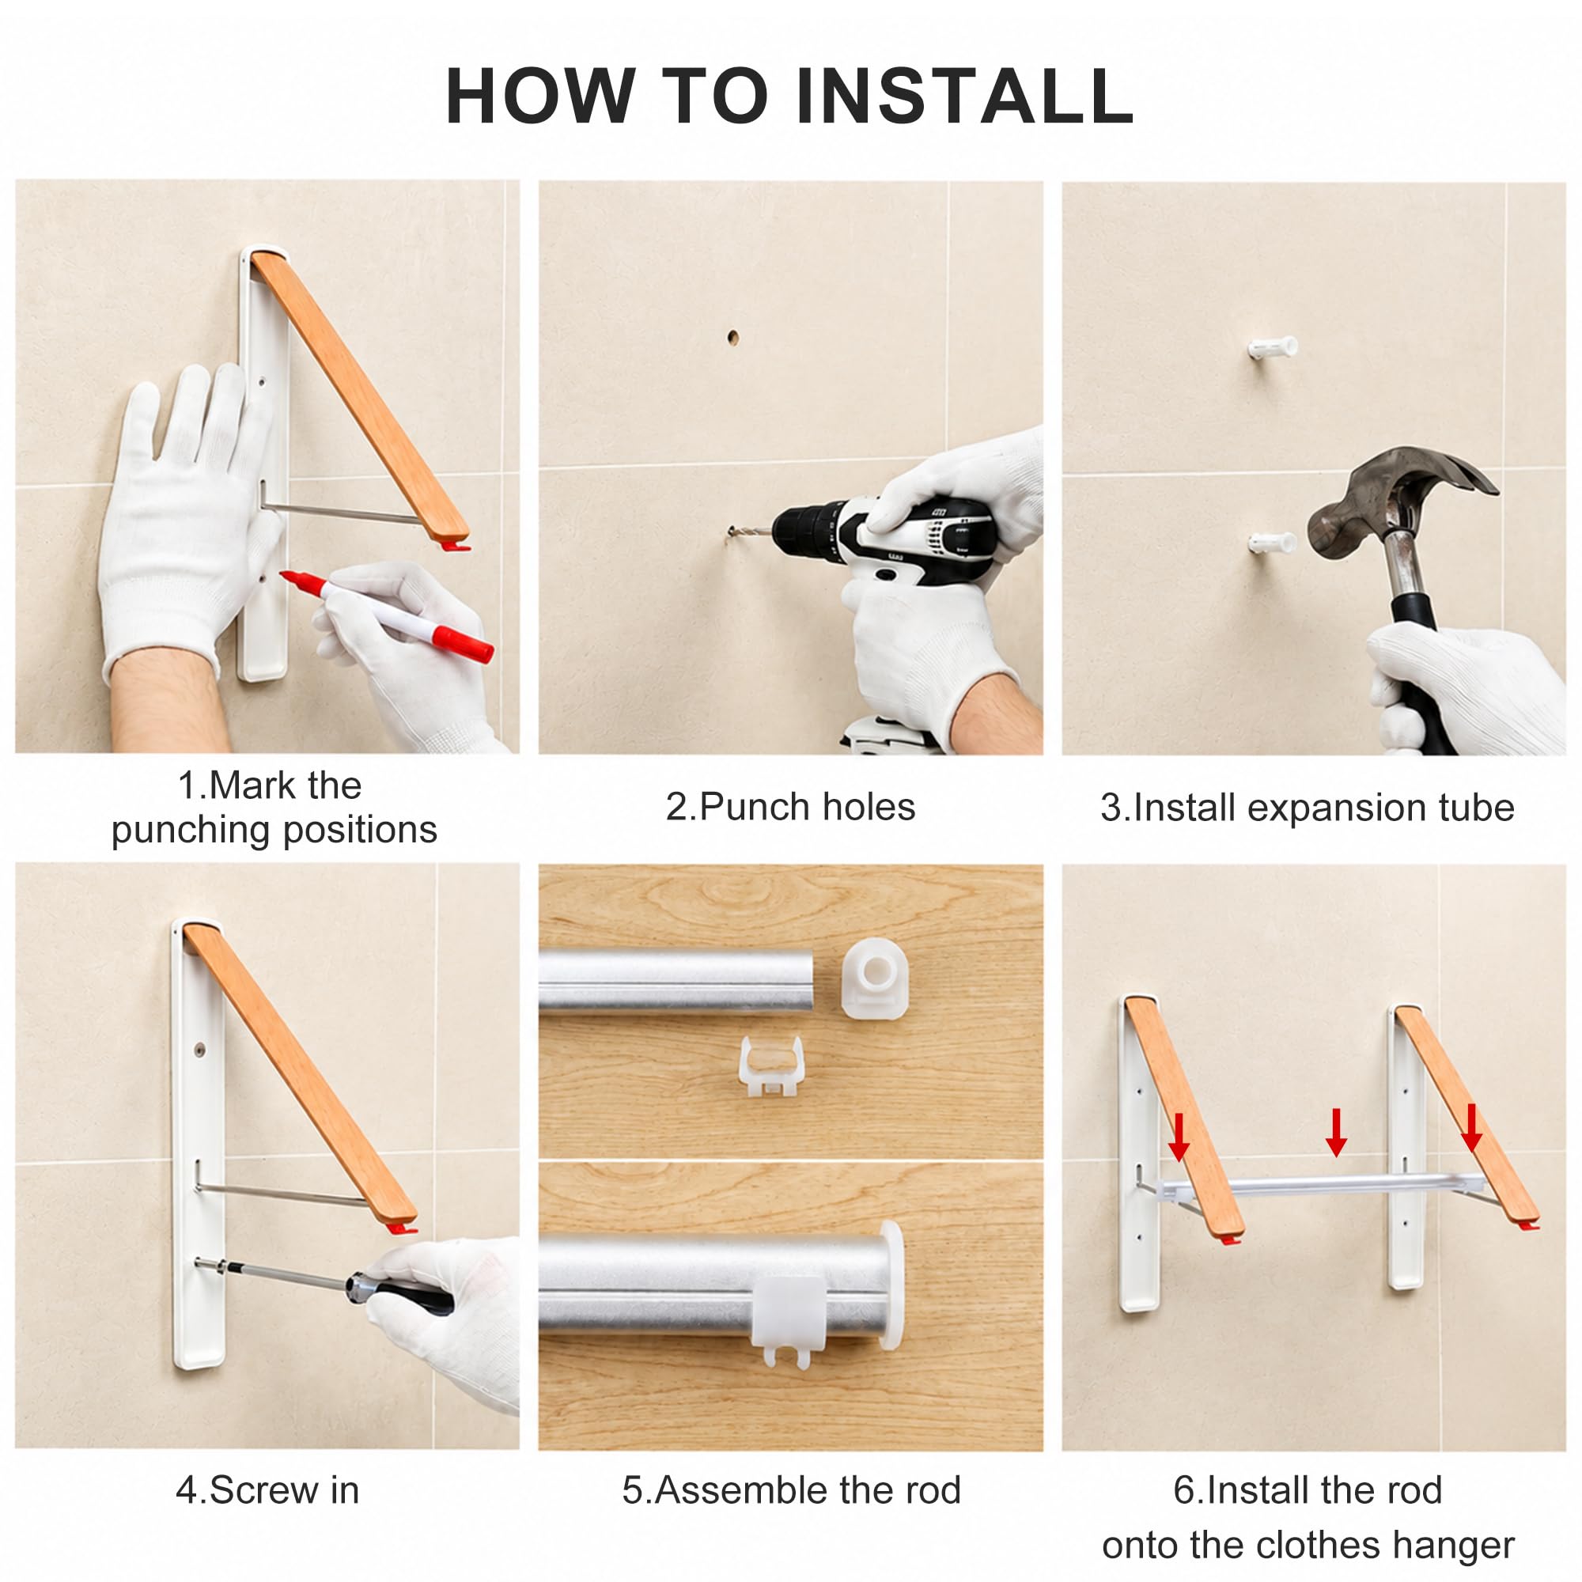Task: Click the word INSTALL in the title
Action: tap(964, 96)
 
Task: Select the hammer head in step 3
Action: tap(1402, 496)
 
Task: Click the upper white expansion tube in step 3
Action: tap(1272, 347)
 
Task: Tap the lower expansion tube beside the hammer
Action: tap(1272, 542)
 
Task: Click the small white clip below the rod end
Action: tap(770, 1065)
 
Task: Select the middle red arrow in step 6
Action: tap(1336, 1133)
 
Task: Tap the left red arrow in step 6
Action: tap(1179, 1137)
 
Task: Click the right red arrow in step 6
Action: tap(1471, 1129)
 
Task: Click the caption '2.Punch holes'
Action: tap(790, 807)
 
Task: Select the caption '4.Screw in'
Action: tap(268, 1489)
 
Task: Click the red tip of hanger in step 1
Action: tap(455, 543)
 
